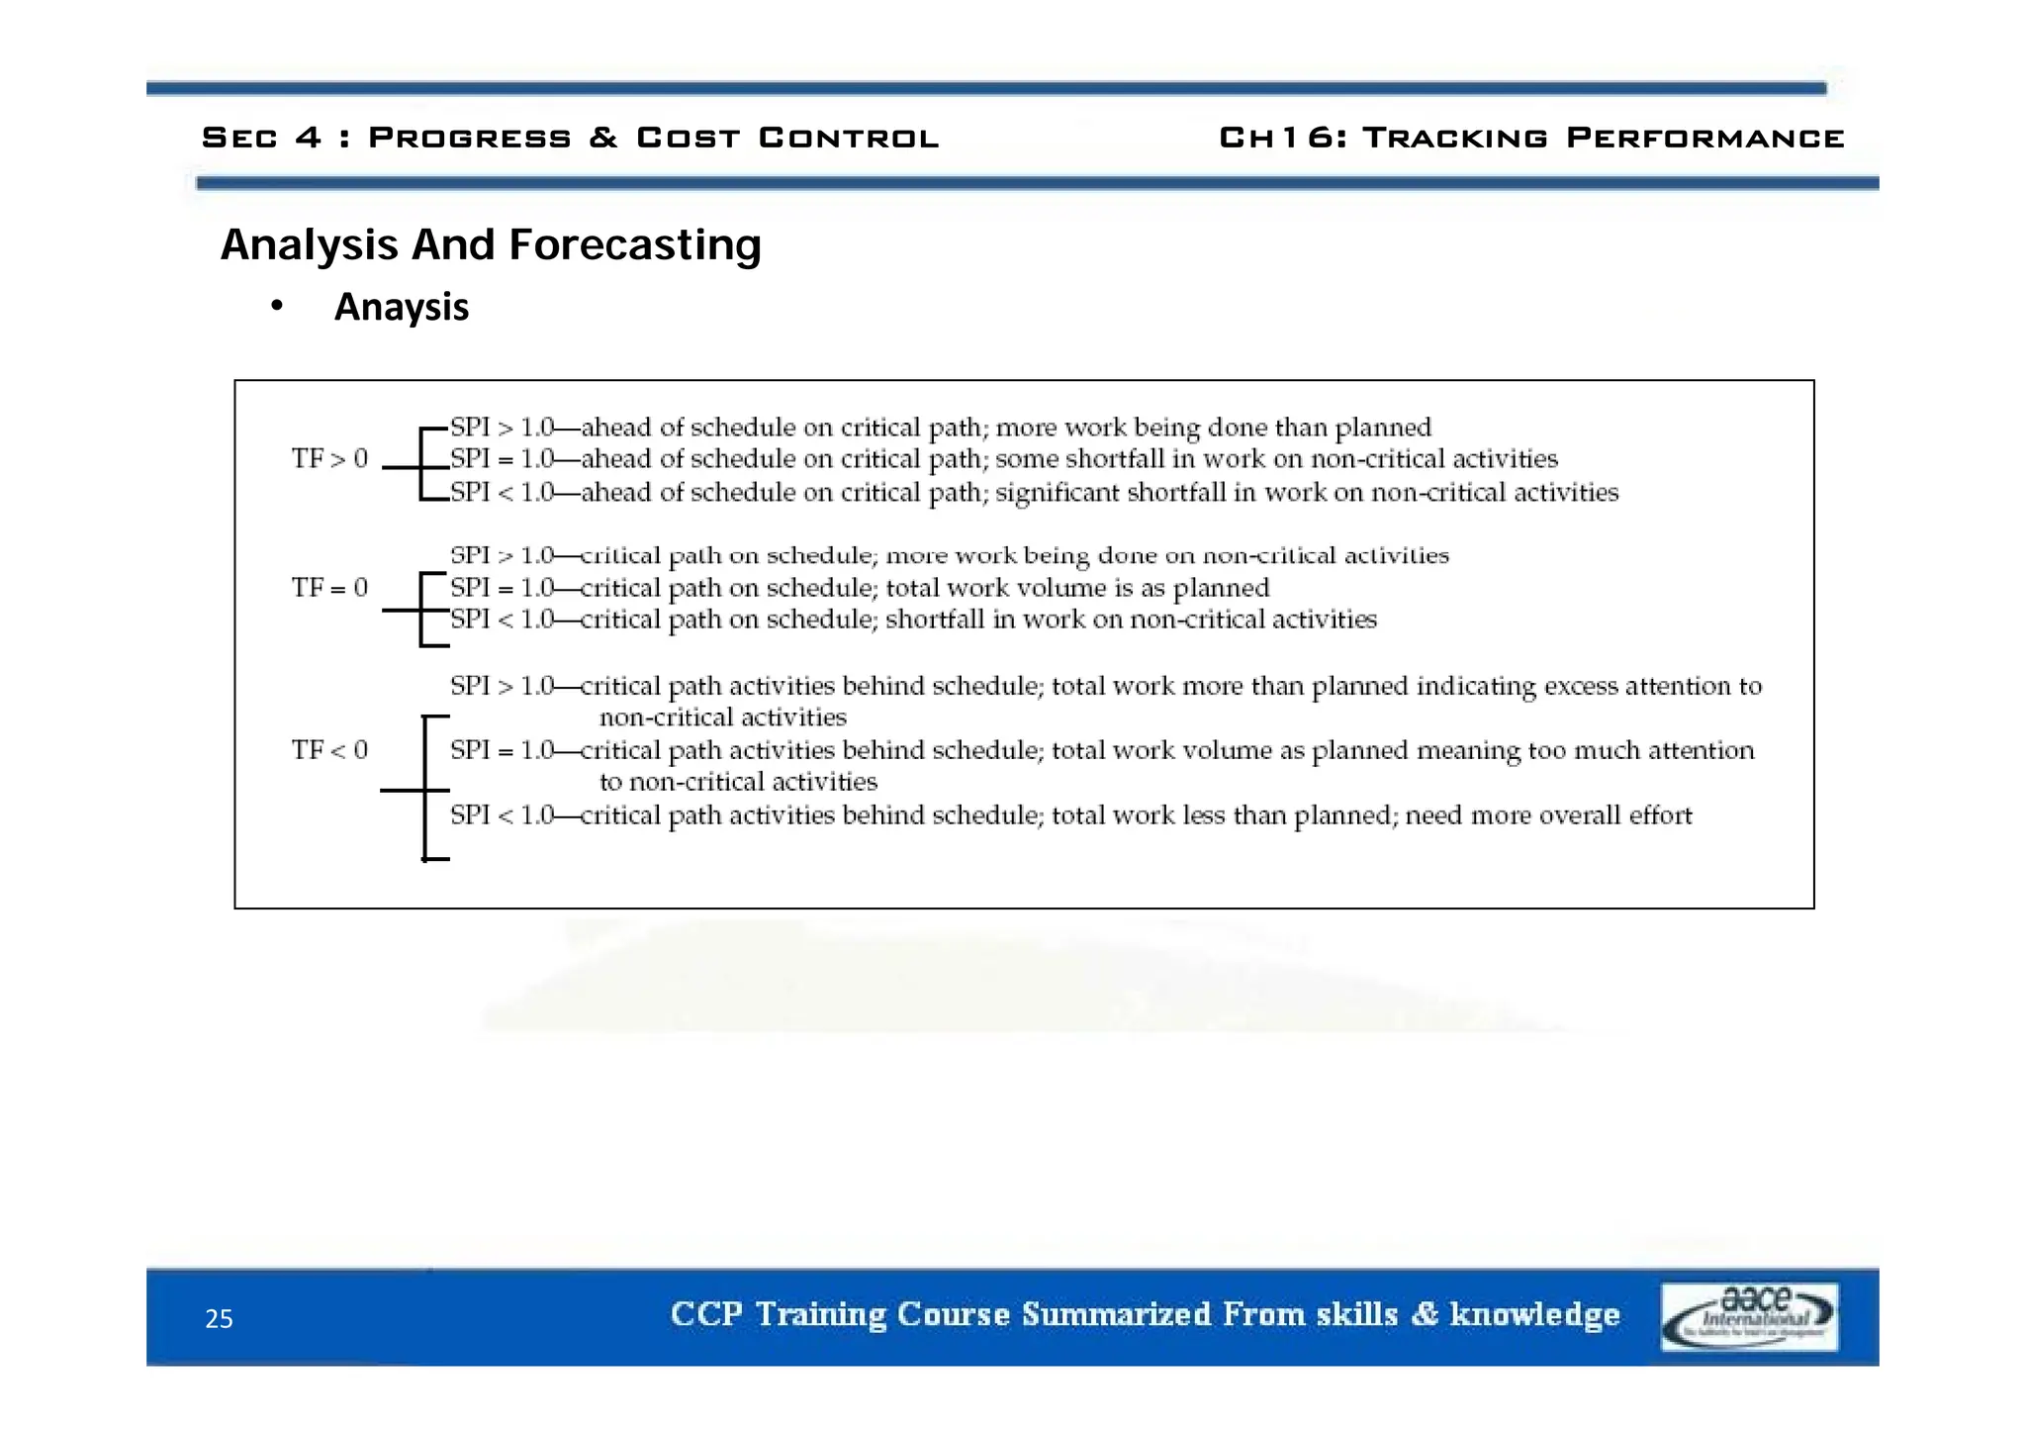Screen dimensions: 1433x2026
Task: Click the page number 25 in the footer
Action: pos(219,1318)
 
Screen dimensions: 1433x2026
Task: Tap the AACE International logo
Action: pos(1748,1316)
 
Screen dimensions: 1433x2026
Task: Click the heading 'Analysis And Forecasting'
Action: pos(491,244)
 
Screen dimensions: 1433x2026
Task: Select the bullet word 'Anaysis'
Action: pos(401,307)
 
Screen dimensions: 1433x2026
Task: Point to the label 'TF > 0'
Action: pos(329,458)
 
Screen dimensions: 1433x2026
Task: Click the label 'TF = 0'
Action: pos(329,588)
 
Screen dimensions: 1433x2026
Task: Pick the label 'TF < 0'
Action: pos(329,750)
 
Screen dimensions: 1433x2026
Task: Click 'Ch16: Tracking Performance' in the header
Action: pos(1531,138)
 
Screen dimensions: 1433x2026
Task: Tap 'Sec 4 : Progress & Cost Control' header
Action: pos(570,138)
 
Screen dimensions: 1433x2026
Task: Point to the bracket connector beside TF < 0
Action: pos(423,789)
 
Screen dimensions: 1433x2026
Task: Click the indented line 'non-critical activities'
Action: pos(722,717)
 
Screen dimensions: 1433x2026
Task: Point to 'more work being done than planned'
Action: pos(1213,428)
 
